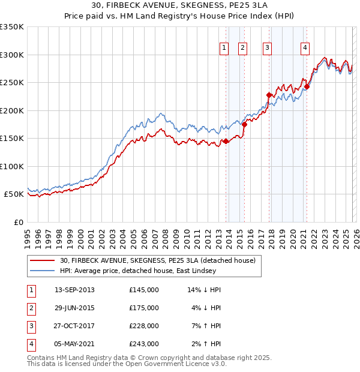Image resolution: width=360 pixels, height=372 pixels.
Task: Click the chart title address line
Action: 180,5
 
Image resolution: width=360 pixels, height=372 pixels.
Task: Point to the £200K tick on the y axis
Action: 12,110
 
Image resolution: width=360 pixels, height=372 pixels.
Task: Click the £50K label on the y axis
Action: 14,194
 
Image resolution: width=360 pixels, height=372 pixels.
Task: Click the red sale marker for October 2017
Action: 269,95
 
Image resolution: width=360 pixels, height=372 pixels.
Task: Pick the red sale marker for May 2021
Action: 307,86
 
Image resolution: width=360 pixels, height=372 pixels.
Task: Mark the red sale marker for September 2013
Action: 226,141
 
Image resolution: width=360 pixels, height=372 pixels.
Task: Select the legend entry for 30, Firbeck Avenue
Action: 158,260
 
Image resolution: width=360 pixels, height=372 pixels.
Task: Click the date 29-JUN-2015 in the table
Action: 74,308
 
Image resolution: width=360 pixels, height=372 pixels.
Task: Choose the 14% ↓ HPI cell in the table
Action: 204,290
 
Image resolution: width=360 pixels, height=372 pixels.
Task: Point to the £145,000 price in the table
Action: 144,290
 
